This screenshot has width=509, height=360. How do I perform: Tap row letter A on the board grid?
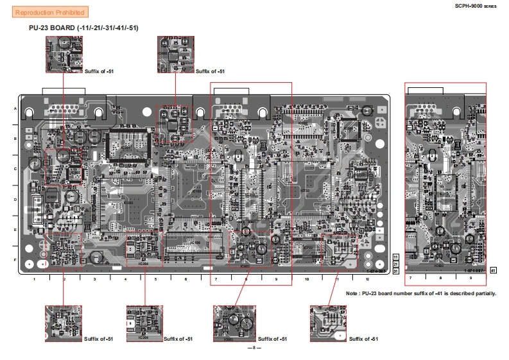pyautogui.click(x=15, y=108)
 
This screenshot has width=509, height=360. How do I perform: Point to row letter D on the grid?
pyautogui.click(x=15, y=199)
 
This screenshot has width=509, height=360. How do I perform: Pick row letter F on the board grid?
pyautogui.click(x=15, y=260)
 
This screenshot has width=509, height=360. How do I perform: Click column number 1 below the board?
pyautogui.click(x=33, y=279)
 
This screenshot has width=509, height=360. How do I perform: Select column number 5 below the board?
pyautogui.click(x=155, y=279)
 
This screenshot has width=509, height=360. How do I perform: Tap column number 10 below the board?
pyautogui.click(x=307, y=279)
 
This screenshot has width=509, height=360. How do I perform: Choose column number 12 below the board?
pyautogui.click(x=368, y=279)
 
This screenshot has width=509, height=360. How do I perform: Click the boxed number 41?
pyautogui.click(x=493, y=271)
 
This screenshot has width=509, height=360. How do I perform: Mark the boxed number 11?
pyautogui.click(x=396, y=257)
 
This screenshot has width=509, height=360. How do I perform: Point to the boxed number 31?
pyautogui.click(x=396, y=271)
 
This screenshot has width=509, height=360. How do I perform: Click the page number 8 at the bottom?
pyautogui.click(x=254, y=348)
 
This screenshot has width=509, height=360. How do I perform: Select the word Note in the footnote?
pyautogui.click(x=352, y=293)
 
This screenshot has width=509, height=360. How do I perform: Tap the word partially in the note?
pyautogui.click(x=484, y=293)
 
